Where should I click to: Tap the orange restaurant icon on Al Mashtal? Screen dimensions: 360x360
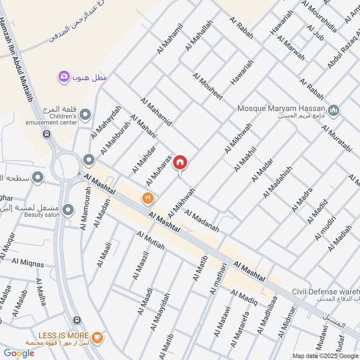[147, 198]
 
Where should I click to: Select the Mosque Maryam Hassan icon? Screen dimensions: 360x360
[333, 110]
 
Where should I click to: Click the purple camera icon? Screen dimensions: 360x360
[63, 76]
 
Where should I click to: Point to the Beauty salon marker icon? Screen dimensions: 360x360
[68, 210]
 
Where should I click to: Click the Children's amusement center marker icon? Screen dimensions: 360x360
[84, 117]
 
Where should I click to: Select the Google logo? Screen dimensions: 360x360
[19, 353]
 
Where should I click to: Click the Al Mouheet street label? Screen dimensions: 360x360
[207, 86]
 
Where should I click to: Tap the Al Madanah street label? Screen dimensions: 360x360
[202, 221]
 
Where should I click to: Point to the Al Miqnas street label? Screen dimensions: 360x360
[28, 262]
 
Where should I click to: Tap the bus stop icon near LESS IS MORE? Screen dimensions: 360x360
[76, 320]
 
